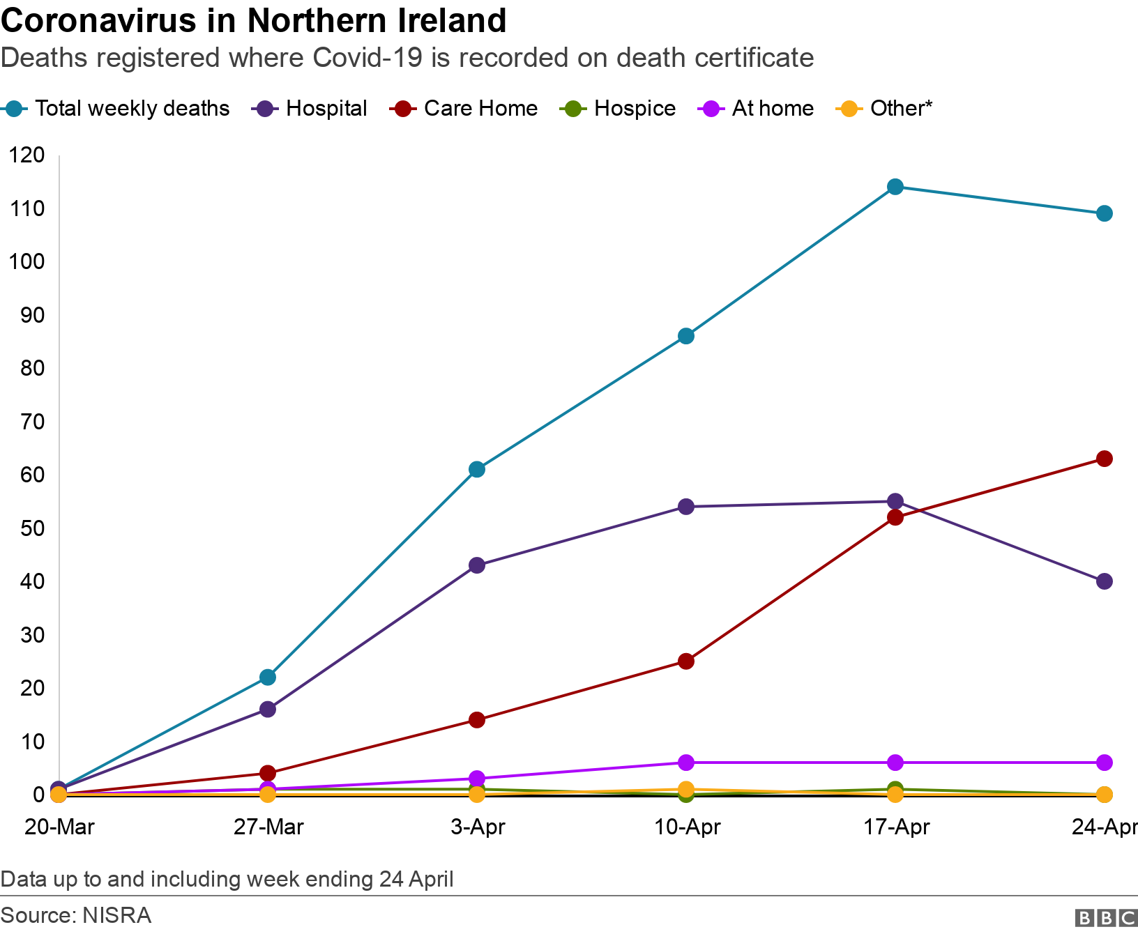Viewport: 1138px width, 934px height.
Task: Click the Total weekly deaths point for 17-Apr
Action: pos(895,187)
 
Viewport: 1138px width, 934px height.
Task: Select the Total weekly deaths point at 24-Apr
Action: pos(1105,213)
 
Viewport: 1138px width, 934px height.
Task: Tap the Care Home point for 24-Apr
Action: pos(1105,459)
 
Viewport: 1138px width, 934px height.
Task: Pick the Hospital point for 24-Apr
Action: pos(1105,581)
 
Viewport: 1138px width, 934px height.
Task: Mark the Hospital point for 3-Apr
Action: pos(477,565)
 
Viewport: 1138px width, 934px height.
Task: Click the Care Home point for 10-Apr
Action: pos(686,661)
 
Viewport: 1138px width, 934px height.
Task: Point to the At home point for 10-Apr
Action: pos(686,763)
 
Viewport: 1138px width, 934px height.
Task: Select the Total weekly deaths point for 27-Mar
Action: pos(268,677)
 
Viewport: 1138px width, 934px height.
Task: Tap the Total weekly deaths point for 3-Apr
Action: pos(477,469)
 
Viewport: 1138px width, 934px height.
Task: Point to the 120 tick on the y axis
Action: pos(27,155)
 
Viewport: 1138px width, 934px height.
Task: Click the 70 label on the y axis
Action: pos(32,421)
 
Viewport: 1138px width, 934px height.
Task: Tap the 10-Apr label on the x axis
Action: pos(687,827)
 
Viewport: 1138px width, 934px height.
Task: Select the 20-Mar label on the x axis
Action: pos(59,827)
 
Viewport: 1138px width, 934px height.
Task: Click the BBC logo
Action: pos(1106,918)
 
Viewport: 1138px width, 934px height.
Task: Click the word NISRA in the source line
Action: pos(116,915)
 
